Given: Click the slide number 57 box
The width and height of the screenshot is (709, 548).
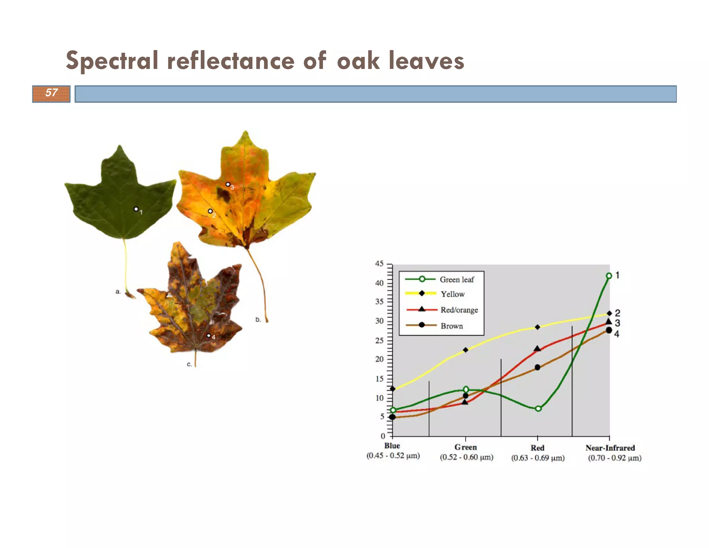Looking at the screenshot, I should point(51,94).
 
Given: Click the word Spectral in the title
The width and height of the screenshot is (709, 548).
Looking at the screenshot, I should point(112,61).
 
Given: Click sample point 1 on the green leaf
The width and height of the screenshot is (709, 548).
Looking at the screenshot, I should point(136,209).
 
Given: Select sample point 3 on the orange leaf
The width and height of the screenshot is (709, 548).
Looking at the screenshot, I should point(227,184).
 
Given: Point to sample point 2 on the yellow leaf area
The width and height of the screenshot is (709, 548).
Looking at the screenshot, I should point(210,211).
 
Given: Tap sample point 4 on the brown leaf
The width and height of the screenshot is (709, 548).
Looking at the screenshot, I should point(208,335).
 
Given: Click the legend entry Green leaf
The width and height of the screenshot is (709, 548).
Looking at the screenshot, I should point(456,280).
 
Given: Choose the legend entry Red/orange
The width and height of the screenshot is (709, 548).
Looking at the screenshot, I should point(459,310).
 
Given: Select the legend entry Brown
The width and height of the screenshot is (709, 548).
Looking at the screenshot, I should point(451,326).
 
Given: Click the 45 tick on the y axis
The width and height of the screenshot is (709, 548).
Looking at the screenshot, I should point(379,264).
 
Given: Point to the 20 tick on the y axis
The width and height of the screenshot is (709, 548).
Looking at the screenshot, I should point(379,359).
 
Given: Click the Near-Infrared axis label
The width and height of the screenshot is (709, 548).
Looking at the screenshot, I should point(610,448).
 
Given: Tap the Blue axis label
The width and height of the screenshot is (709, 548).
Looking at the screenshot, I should point(392,446).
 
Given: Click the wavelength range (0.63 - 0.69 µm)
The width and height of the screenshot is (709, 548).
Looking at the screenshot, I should point(538,458).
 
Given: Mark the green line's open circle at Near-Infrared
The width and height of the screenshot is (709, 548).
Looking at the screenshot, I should point(609,276).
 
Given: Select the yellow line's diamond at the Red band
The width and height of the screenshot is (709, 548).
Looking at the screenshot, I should point(537,327).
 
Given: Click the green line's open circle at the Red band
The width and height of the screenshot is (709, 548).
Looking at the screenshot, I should point(538,409).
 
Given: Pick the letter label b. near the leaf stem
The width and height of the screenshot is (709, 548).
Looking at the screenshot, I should point(258,319).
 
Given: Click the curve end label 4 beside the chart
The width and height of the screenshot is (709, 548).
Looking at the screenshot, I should point(617,334).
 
